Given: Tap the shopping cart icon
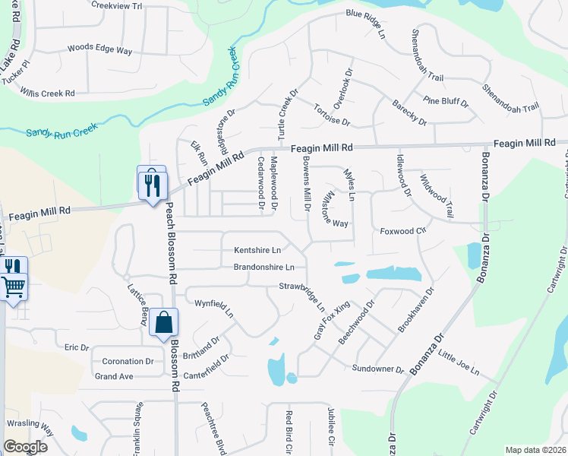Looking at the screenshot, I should [x=13, y=287].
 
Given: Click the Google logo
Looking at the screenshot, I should [x=25, y=446].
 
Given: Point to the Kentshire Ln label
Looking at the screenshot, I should [x=257, y=249].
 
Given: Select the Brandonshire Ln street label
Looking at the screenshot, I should [x=263, y=268].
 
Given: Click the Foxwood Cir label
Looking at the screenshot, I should [x=400, y=230].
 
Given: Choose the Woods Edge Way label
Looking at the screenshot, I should [x=99, y=49].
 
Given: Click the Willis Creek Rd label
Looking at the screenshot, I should [x=48, y=93].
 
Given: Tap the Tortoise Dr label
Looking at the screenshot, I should [x=332, y=116].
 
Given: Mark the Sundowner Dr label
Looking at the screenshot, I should [x=378, y=368].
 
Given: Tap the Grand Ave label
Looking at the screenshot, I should [x=114, y=376].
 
